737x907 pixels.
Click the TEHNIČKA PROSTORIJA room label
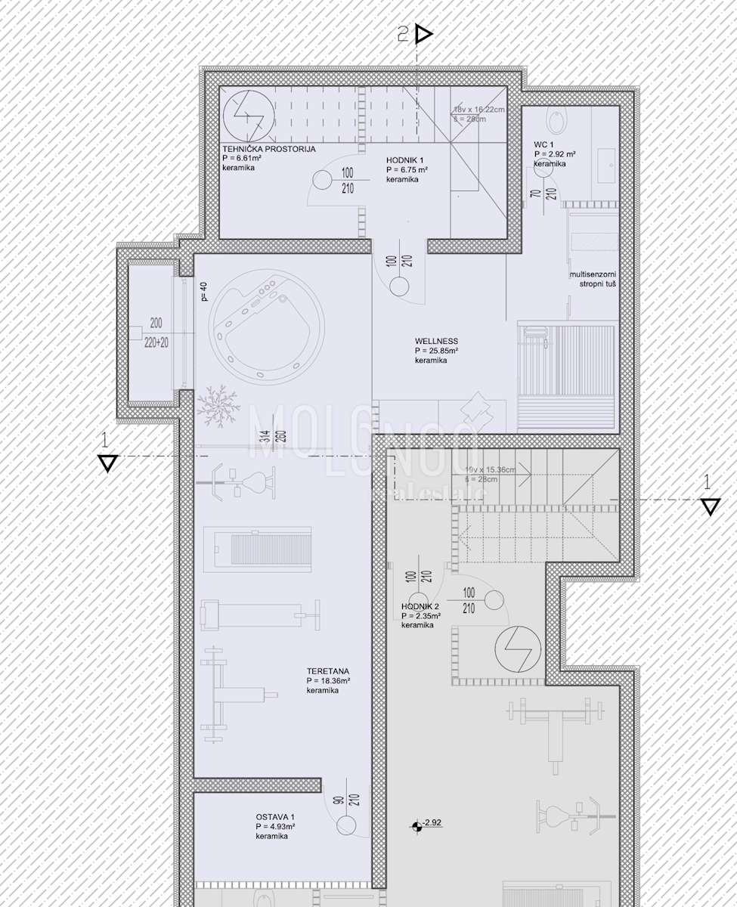[268, 149]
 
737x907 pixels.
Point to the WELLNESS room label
[436, 341]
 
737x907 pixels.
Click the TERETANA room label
[327, 670]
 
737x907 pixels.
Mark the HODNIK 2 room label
[420, 607]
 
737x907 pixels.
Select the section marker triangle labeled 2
[423, 34]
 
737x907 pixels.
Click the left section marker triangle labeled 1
[107, 463]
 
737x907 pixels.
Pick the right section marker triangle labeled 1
[709, 506]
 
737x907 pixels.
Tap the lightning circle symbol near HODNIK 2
[517, 649]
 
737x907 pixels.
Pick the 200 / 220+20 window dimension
[156, 332]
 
